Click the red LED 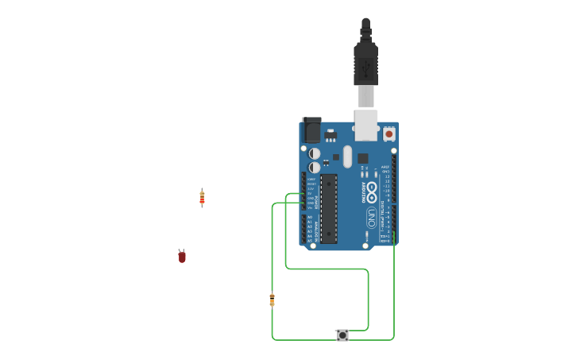(182, 256)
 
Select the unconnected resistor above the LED (202, 198)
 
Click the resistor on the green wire (272, 300)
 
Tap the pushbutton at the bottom (342, 335)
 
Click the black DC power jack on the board (311, 130)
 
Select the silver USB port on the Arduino (365, 124)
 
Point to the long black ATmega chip (329, 208)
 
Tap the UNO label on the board (371, 216)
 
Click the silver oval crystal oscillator (347, 154)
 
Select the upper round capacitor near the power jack (315, 153)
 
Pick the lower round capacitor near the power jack (315, 167)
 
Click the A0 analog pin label (309, 217)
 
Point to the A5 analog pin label (309, 240)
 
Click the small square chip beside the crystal (362, 157)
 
